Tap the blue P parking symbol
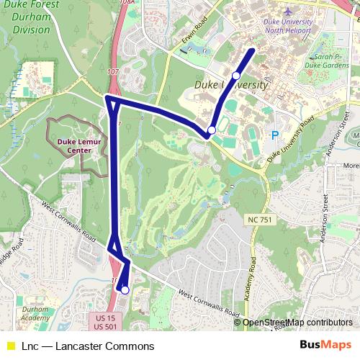[x=274, y=135]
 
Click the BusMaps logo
[x=326, y=346]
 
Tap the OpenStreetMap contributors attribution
[x=297, y=323]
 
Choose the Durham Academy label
[x=35, y=313]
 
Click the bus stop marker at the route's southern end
[x=125, y=290]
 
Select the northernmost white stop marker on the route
[x=236, y=76]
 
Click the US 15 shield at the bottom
[x=105, y=318]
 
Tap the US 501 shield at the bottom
[x=105, y=328]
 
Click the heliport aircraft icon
[x=288, y=12]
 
